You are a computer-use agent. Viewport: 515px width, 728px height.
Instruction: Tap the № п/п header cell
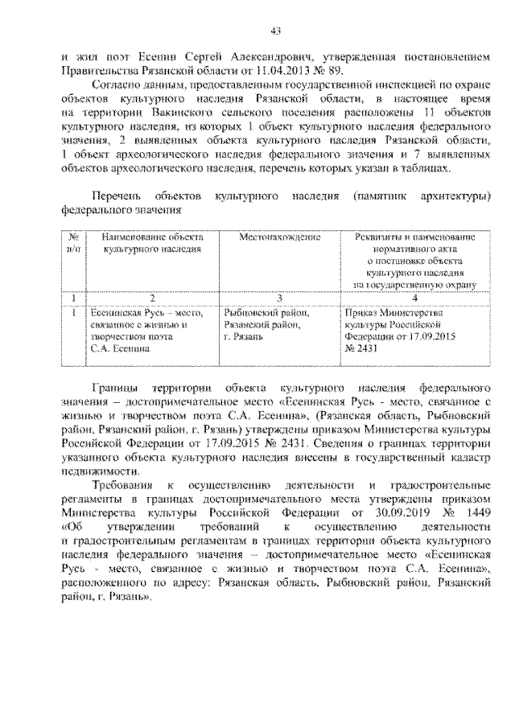72,244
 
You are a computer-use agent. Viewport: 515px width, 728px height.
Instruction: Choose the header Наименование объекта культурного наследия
152,244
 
